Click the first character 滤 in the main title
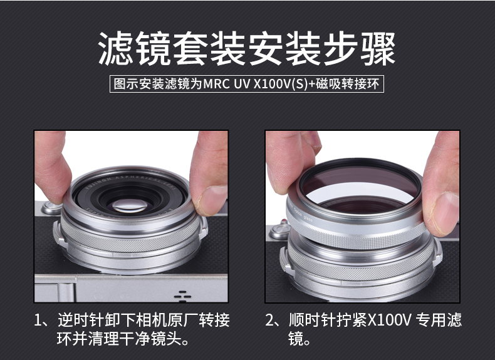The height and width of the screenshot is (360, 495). [x=116, y=49]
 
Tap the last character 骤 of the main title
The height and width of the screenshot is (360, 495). [x=378, y=49]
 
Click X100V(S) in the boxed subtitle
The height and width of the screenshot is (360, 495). [x=280, y=85]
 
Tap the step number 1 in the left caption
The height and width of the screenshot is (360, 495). [x=38, y=321]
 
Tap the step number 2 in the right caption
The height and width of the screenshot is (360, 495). [x=269, y=321]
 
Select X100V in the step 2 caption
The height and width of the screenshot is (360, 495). [x=390, y=321]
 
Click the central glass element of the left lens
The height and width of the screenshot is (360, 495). [x=130, y=205]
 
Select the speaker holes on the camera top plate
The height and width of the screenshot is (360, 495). [x=182, y=296]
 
